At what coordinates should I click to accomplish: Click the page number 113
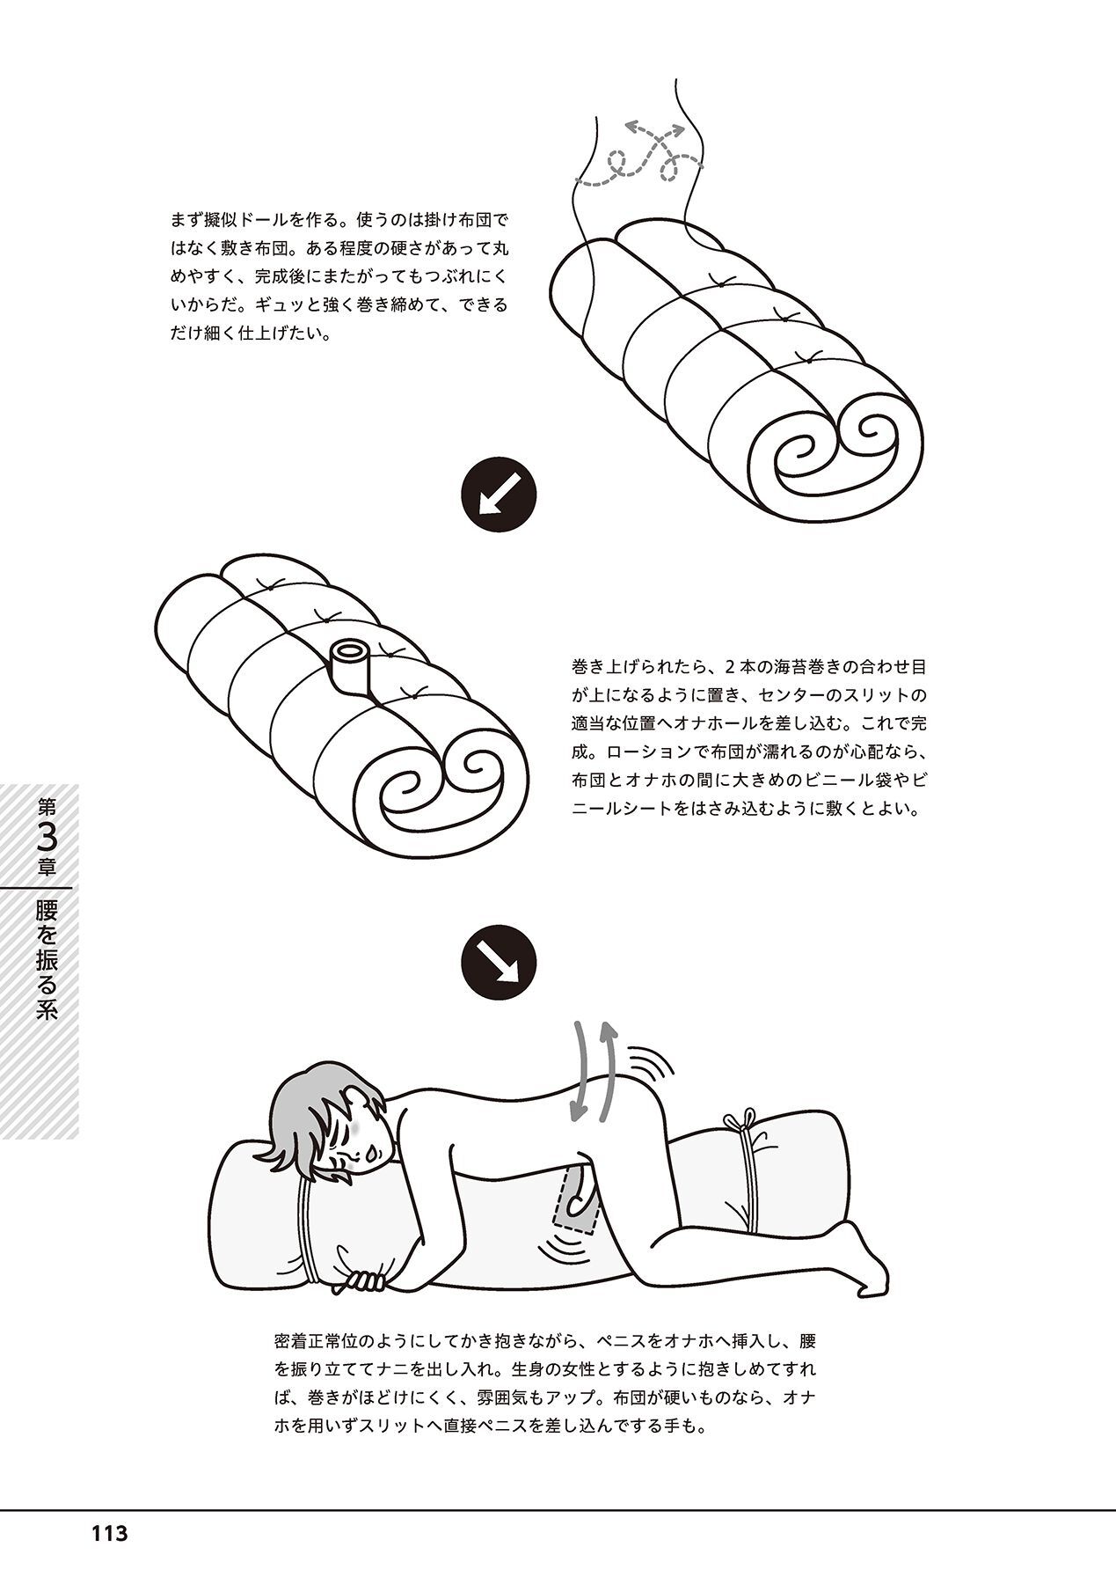pos(109,1534)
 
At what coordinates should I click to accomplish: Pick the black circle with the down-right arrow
pos(499,961)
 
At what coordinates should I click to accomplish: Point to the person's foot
pos(870,1267)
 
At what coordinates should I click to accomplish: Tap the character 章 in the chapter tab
pos(47,867)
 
